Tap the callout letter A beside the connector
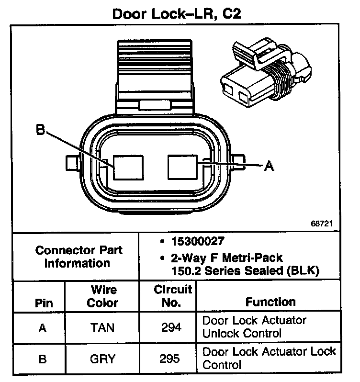coord(269,166)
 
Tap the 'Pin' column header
coord(44,303)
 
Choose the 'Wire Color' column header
coord(103,296)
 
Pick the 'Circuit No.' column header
coord(173,296)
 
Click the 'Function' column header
coord(270,302)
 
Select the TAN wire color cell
coord(103,327)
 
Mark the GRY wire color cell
coord(103,359)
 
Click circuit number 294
coord(172,327)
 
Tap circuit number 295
coord(172,359)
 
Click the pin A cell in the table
coord(43,327)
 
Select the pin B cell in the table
coord(43,359)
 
